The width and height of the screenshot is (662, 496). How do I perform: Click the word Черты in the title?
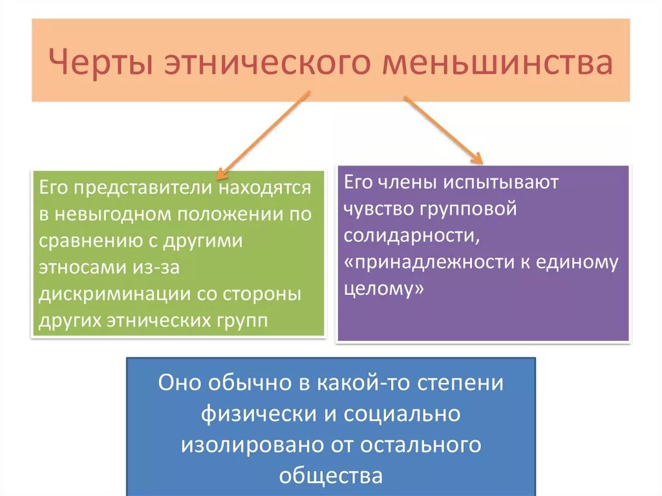click(x=97, y=64)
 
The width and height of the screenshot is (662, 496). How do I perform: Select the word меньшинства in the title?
click(x=499, y=64)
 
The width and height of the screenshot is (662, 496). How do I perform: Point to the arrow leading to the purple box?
click(x=443, y=129)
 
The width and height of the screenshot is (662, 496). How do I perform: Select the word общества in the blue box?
click(x=331, y=475)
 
